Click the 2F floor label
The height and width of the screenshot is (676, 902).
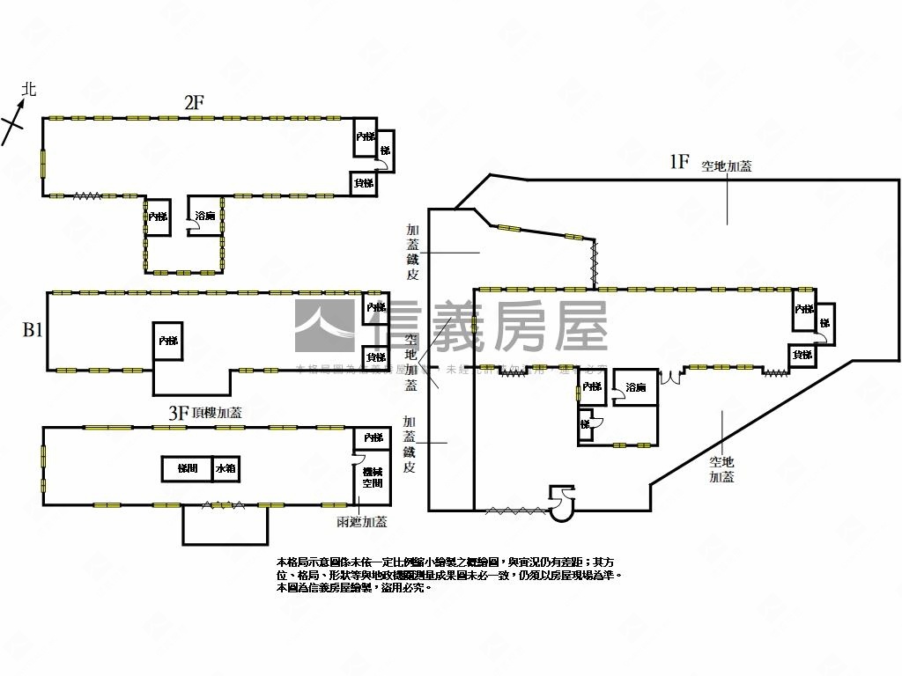tap(194, 102)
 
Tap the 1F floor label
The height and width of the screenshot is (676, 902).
tap(677, 161)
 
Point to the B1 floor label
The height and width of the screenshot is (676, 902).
tap(33, 331)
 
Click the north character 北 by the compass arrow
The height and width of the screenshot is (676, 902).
tap(29, 89)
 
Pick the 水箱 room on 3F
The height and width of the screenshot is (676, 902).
tap(225, 468)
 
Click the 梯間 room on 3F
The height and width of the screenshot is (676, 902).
tap(187, 468)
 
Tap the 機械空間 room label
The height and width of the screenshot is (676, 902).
tap(372, 477)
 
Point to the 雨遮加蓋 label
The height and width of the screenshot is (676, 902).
tap(362, 522)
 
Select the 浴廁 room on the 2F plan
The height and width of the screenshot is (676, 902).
tap(204, 217)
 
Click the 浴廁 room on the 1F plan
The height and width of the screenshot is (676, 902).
tap(635, 387)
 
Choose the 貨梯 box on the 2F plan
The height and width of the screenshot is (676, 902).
tap(364, 183)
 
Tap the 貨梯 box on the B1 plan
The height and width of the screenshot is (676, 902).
tap(376, 357)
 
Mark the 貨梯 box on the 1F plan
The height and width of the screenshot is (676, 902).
tap(802, 355)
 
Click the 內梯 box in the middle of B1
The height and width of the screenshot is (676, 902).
tap(167, 340)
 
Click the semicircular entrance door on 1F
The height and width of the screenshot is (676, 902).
tap(561, 503)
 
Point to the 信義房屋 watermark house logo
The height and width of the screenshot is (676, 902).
tap(326, 327)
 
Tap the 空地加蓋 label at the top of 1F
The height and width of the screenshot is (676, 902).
tap(727, 166)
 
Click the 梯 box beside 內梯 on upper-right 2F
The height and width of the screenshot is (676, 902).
tap(384, 151)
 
